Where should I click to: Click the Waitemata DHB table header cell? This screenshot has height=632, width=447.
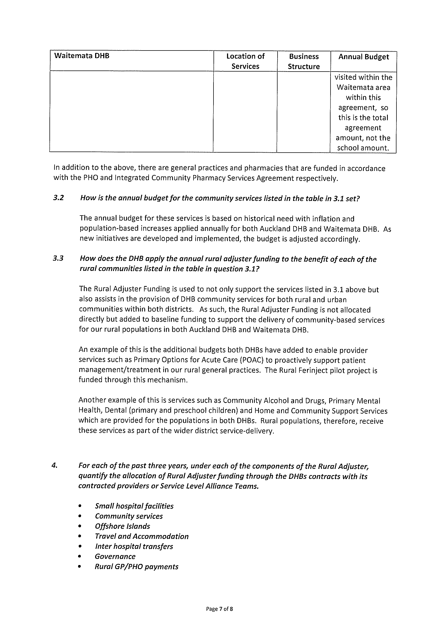point(82,56)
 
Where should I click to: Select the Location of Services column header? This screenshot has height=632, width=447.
point(245,61)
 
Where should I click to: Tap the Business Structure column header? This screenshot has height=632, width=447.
point(303,61)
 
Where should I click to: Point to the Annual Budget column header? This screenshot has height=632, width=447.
point(363,57)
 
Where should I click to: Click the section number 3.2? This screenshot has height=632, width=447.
point(58,198)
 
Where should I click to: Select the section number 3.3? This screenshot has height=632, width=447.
point(58,258)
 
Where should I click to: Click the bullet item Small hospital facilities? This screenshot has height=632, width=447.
point(134,506)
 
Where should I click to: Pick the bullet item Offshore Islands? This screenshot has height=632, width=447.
point(122,526)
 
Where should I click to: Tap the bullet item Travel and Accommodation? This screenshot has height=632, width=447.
point(142,536)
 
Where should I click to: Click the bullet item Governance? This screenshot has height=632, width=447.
point(115,556)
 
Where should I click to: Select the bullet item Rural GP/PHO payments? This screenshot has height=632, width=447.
point(136,566)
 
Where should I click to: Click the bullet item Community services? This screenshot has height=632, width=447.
point(129,516)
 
